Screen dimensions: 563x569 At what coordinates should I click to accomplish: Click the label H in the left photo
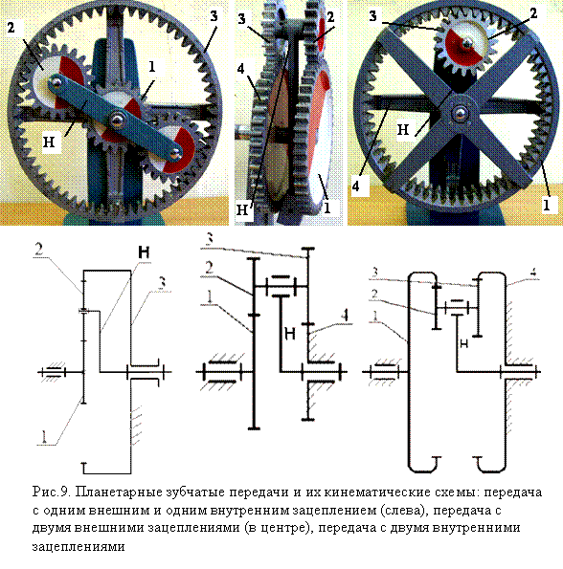[x=49, y=142]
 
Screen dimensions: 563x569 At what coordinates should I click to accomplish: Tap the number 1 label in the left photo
[x=152, y=66]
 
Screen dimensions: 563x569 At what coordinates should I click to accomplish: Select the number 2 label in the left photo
[x=11, y=27]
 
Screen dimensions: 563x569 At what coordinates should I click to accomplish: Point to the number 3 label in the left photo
[x=214, y=15]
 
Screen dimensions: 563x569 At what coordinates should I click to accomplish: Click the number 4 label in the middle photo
[x=241, y=68]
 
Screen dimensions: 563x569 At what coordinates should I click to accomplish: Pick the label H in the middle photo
[x=242, y=209]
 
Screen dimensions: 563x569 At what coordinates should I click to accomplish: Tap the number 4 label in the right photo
[x=356, y=186]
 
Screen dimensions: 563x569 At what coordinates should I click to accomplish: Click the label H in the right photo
[x=403, y=129]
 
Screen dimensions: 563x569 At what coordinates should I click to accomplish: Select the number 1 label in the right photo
[x=547, y=205]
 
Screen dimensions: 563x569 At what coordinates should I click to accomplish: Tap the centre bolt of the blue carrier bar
[x=117, y=120]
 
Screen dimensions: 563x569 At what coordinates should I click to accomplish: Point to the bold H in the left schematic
[x=144, y=252]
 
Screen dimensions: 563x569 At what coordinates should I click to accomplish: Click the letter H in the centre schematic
[x=289, y=333]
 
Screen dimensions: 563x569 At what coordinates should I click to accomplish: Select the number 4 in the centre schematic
[x=345, y=316]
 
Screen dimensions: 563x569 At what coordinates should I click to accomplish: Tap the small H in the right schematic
[x=464, y=343]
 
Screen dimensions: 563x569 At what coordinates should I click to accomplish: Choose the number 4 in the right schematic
[x=532, y=273]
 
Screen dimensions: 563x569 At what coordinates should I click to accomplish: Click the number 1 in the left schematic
[x=44, y=437]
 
